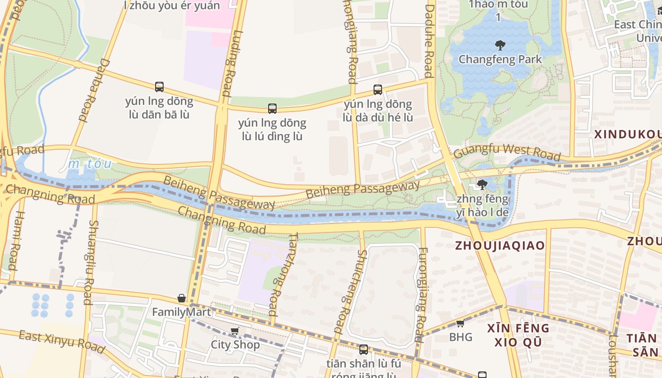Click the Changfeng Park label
pyautogui.click(x=500, y=60)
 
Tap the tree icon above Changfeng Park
pyautogui.click(x=500, y=45)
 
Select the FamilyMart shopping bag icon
pyautogui.click(x=181, y=298)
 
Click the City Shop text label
pyautogui.click(x=235, y=344)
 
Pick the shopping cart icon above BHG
pyautogui.click(x=460, y=324)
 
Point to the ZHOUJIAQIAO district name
pyautogui.click(x=499, y=245)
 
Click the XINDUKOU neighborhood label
pyautogui.click(x=627, y=134)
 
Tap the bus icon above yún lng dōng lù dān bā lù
pyautogui.click(x=159, y=87)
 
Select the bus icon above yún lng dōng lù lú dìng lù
pyautogui.click(x=272, y=109)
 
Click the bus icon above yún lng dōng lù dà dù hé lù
pyautogui.click(x=377, y=90)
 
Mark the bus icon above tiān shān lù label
pyautogui.click(x=363, y=350)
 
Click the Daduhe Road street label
pyautogui.click(x=429, y=41)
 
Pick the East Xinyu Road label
pyautogui.click(x=61, y=341)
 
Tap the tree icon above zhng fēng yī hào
pyautogui.click(x=482, y=184)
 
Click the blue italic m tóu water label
pyautogui.click(x=90, y=164)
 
